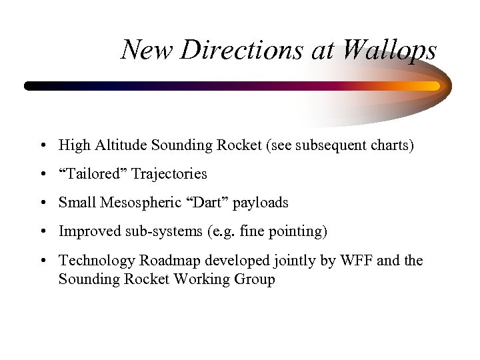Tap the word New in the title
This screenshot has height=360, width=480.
[143, 50]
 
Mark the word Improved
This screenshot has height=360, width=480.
[86, 231]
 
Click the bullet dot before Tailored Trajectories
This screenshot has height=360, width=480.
[42, 175]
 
